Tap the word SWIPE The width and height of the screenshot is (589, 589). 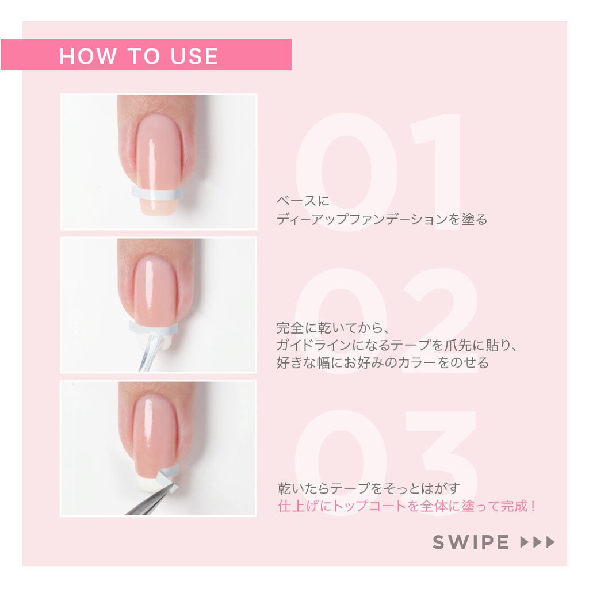pos(471,542)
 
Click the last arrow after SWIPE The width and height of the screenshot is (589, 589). pos(550,542)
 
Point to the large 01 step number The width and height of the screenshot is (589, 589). pos(380,173)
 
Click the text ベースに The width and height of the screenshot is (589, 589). pos(303,201)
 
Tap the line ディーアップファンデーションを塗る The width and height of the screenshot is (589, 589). pos(381,219)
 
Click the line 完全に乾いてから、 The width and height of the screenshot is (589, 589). pos(333,328)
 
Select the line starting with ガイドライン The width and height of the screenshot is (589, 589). pos(397,346)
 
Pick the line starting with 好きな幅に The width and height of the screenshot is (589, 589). pos(383,363)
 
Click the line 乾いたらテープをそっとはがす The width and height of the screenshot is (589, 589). pos(369,489)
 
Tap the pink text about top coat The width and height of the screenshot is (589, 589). pos(408,507)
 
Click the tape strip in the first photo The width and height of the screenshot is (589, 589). pos(156,192)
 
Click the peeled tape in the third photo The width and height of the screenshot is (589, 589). pos(169,475)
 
